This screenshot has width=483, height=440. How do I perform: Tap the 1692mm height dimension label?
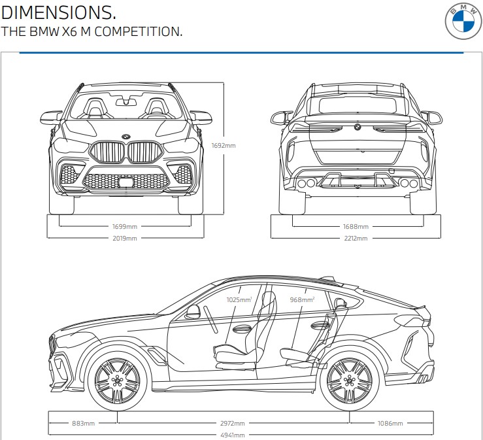tap(224, 145)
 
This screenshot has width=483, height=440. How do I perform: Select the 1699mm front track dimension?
tap(125, 226)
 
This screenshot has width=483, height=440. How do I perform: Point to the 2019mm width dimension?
tap(125, 238)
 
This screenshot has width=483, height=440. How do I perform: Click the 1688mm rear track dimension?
tap(356, 226)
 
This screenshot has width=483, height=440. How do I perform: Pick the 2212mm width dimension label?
tap(356, 238)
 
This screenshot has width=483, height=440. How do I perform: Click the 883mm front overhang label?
tap(83, 423)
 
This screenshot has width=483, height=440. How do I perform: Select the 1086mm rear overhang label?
tap(390, 423)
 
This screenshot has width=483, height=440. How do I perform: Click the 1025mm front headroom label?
tap(239, 299)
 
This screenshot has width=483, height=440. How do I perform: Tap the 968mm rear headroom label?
tap(302, 299)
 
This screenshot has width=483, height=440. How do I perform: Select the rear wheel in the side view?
tap(350, 381)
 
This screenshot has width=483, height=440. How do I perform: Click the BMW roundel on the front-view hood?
tap(125, 135)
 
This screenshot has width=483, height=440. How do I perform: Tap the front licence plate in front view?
tap(125, 182)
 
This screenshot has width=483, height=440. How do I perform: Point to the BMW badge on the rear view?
tap(358, 126)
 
